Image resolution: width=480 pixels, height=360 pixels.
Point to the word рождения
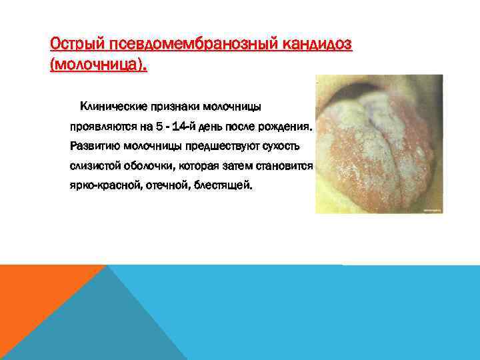(x=287, y=126)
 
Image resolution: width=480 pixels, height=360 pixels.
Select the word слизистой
(x=93, y=165)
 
